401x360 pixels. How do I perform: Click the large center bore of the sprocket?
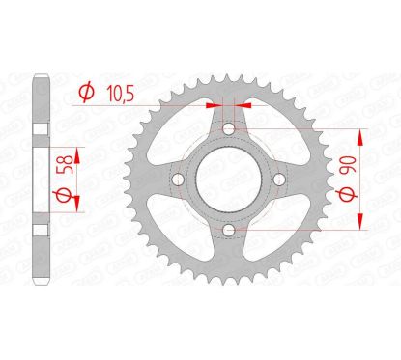pyautogui.click(x=228, y=179)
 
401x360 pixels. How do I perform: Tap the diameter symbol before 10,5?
pyautogui.click(x=85, y=93)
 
